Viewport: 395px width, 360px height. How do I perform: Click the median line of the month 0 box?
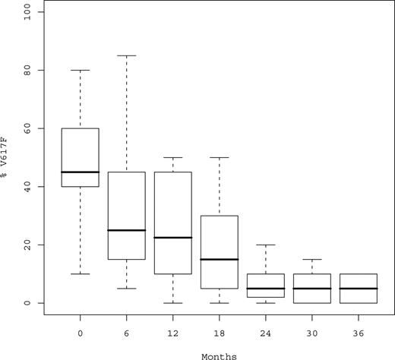[80, 172]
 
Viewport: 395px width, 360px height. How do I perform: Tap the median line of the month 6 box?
[127, 230]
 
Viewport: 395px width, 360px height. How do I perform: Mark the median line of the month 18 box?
[220, 259]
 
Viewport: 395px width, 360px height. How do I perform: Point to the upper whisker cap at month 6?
[127, 55]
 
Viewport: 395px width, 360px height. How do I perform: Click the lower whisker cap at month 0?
[80, 273]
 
